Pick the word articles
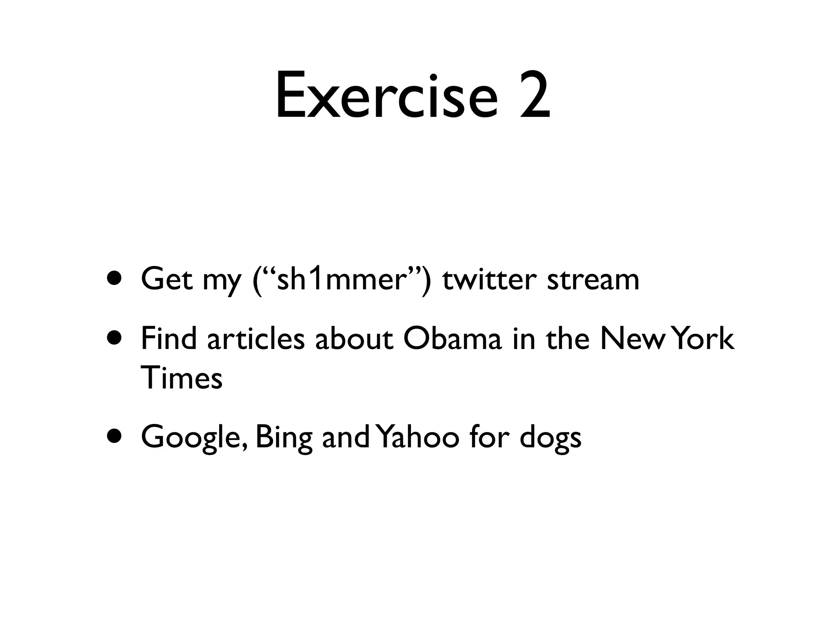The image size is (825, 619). (256, 339)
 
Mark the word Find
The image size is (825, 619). (169, 339)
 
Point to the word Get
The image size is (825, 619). (167, 279)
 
